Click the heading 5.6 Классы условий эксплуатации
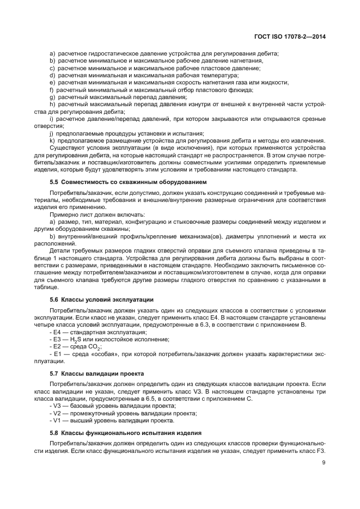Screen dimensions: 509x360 (101, 299)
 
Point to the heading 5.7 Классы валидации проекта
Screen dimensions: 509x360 (96, 373)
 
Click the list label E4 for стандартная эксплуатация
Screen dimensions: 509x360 (56, 332)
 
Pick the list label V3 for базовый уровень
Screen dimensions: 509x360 (56, 406)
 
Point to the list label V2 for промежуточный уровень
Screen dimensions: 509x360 (56, 413)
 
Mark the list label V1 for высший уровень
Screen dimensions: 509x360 (56, 420)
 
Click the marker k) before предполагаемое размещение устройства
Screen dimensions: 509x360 (52, 140)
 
